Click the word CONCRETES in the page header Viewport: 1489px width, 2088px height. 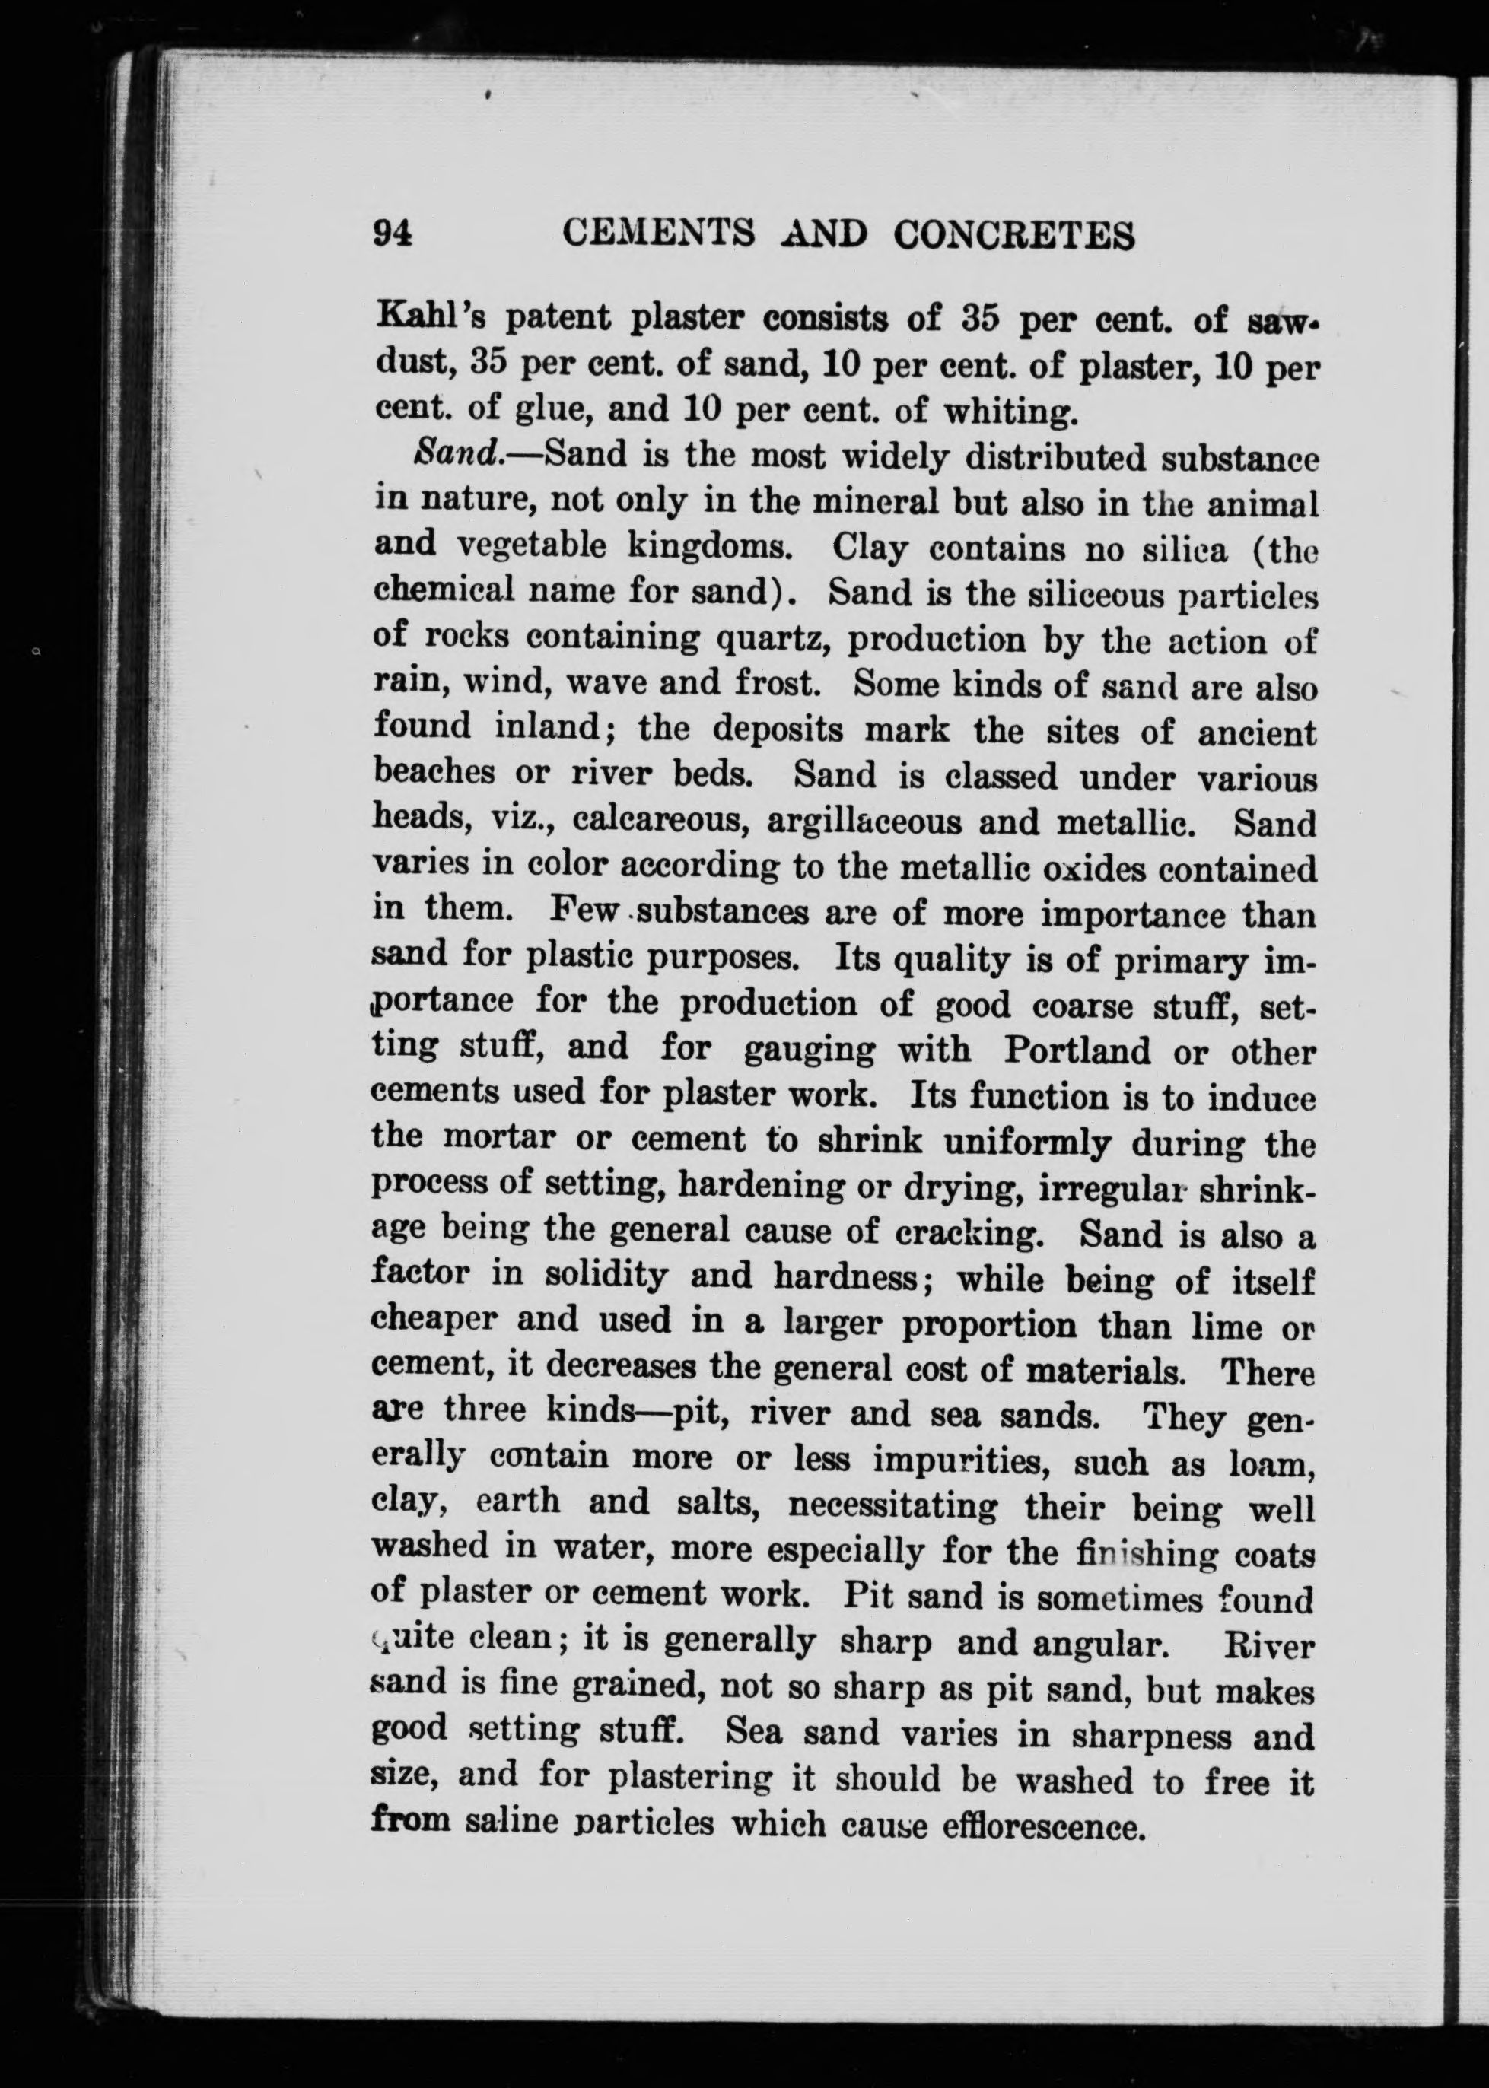pyautogui.click(x=1014, y=236)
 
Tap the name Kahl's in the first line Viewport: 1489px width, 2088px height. pyautogui.click(x=430, y=317)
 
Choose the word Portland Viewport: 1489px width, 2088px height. pyautogui.click(x=1077, y=1050)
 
